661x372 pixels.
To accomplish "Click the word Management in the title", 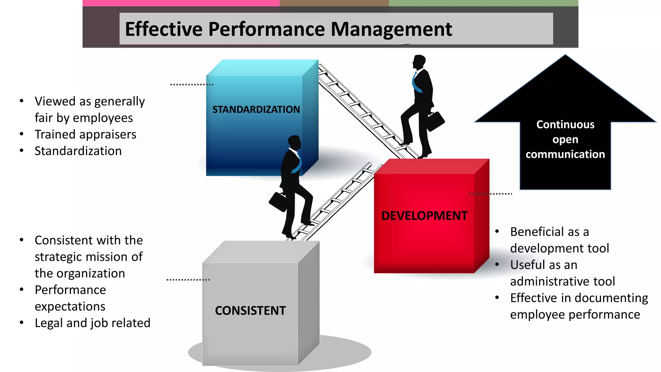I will pyautogui.click(x=391, y=30).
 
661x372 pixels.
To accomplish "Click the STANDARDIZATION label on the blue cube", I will pyautogui.click(x=256, y=109).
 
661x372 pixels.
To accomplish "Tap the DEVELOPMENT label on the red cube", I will pyautogui.click(x=424, y=216).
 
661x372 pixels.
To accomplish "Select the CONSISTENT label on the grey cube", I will pyautogui.click(x=250, y=311).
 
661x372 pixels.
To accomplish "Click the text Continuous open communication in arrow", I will pyautogui.click(x=565, y=139).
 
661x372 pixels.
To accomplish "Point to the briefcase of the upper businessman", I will pyautogui.click(x=436, y=121).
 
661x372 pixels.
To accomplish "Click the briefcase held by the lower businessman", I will pyautogui.click(x=278, y=201).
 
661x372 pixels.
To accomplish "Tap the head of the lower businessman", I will pyautogui.click(x=294, y=142).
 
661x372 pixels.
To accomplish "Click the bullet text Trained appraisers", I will pyautogui.click(x=86, y=134).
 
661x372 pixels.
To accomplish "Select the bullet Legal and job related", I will pyautogui.click(x=92, y=323).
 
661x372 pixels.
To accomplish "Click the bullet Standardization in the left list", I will pyautogui.click(x=78, y=151).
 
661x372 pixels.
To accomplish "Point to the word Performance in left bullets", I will pyautogui.click(x=70, y=290).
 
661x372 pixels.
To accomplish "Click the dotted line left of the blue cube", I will pyautogui.click(x=192, y=85).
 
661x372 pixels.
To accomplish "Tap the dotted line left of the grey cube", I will pyautogui.click(x=188, y=280).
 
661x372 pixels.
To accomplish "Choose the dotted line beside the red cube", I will pyautogui.click(x=491, y=194).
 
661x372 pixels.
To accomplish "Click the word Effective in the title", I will pyautogui.click(x=164, y=30).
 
